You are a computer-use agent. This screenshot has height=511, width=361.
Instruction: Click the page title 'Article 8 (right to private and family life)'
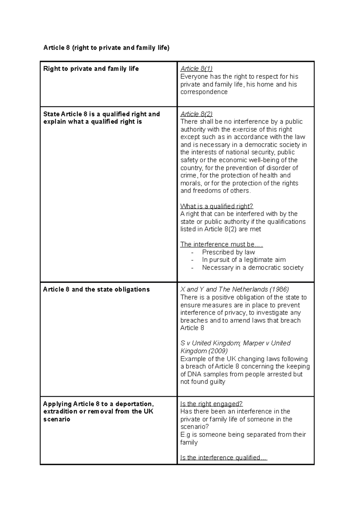point(106,48)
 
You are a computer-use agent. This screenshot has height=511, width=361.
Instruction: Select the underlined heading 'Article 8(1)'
point(196,69)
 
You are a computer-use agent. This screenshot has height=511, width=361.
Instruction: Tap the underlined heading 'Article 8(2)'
point(196,114)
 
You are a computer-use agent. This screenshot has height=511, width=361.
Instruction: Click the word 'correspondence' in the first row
point(204,92)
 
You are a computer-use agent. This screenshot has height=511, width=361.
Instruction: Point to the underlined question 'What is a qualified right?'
point(217,206)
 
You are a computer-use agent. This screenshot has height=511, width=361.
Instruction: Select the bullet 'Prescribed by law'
point(228,252)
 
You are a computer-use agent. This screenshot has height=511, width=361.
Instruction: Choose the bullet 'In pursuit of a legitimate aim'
point(244,260)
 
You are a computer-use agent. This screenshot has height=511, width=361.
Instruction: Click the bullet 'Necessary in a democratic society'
point(252,268)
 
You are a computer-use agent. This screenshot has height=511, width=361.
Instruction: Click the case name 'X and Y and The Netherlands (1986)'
point(234,290)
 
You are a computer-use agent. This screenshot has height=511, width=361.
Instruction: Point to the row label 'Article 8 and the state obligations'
point(96,290)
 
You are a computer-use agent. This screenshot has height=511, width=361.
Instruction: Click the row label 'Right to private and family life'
point(91,69)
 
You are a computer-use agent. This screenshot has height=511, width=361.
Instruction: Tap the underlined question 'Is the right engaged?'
point(211,404)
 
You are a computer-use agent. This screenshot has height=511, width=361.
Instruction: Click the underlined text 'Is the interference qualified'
point(220,458)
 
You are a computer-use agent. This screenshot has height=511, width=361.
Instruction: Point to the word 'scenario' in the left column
point(57,419)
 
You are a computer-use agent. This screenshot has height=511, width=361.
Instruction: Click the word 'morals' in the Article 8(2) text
point(190,183)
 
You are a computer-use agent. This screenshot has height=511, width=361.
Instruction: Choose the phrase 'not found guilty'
point(202,382)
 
